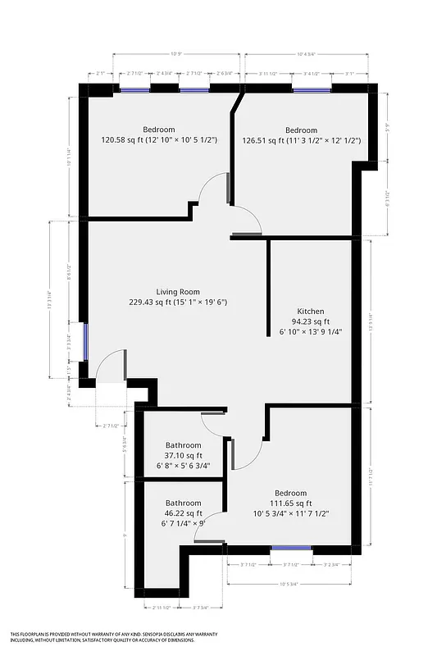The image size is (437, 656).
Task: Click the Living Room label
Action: coord(178,291)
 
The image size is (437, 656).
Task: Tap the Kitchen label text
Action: coord(310,312)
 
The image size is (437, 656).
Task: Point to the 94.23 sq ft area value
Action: coord(310,322)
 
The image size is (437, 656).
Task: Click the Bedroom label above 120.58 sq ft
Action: coord(158,130)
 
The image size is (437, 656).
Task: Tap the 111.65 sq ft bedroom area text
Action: coord(281,503)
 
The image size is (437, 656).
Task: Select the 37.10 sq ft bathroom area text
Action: coord(183,455)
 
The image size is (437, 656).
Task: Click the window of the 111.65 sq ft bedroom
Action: coord(291,548)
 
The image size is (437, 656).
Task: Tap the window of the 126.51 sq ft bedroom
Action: coord(311,90)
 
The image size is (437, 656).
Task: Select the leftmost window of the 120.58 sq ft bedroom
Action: coord(135,90)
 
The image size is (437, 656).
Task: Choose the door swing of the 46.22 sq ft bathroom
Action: coord(208,531)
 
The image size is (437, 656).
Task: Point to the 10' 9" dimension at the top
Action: coord(175,55)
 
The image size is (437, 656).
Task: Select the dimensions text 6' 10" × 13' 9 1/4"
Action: coord(310,332)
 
